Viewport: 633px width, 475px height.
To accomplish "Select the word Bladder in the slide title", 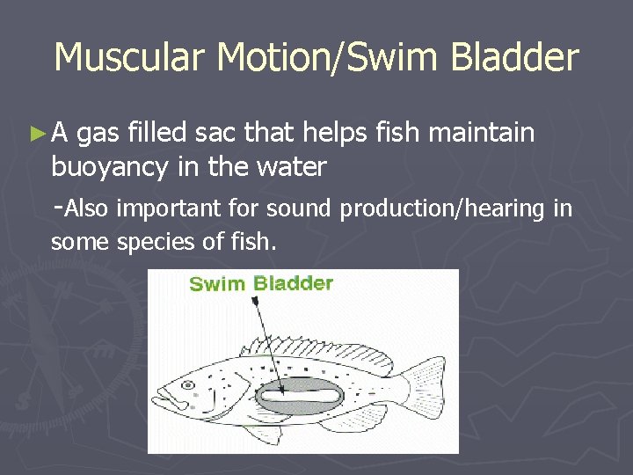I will point(514,58).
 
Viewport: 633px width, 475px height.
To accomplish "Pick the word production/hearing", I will point(443,209).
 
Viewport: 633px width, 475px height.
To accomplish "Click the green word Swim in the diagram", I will point(217,283).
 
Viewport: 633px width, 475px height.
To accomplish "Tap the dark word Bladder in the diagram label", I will point(293,283).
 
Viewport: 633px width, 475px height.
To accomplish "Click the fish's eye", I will point(187,385).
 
